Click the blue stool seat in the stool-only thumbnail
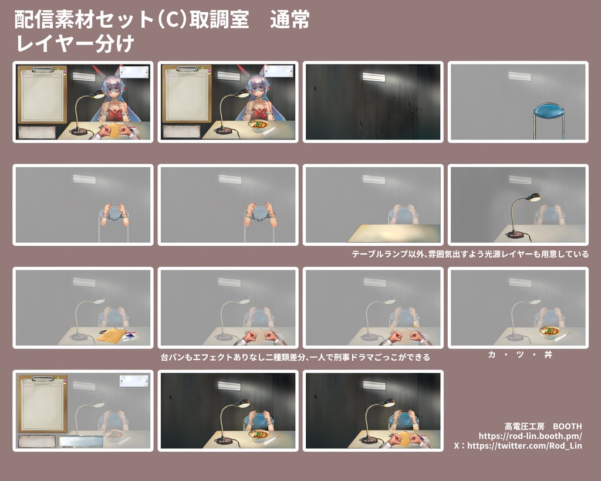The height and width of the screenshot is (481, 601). coord(549,109)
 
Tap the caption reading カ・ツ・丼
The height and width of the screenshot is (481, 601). coord(520,355)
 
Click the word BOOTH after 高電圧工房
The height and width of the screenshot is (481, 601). coord(567,426)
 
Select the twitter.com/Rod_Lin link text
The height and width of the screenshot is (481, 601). coord(528,446)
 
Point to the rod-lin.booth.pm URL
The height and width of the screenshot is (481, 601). coord(530,436)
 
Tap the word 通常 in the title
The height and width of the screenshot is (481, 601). coord(289,21)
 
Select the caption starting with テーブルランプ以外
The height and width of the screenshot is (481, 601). coord(470,255)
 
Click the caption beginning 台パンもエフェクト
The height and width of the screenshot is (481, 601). coord(295,357)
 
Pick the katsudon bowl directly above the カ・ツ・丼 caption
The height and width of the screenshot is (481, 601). coord(549,332)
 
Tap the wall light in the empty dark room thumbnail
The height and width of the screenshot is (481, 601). coord(373,77)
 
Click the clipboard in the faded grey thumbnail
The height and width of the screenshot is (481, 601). coord(41,404)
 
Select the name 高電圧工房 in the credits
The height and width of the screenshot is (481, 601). coord(524,426)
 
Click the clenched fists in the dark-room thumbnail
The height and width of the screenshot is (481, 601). coord(405,438)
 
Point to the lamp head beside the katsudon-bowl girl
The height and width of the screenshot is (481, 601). coord(242,92)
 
